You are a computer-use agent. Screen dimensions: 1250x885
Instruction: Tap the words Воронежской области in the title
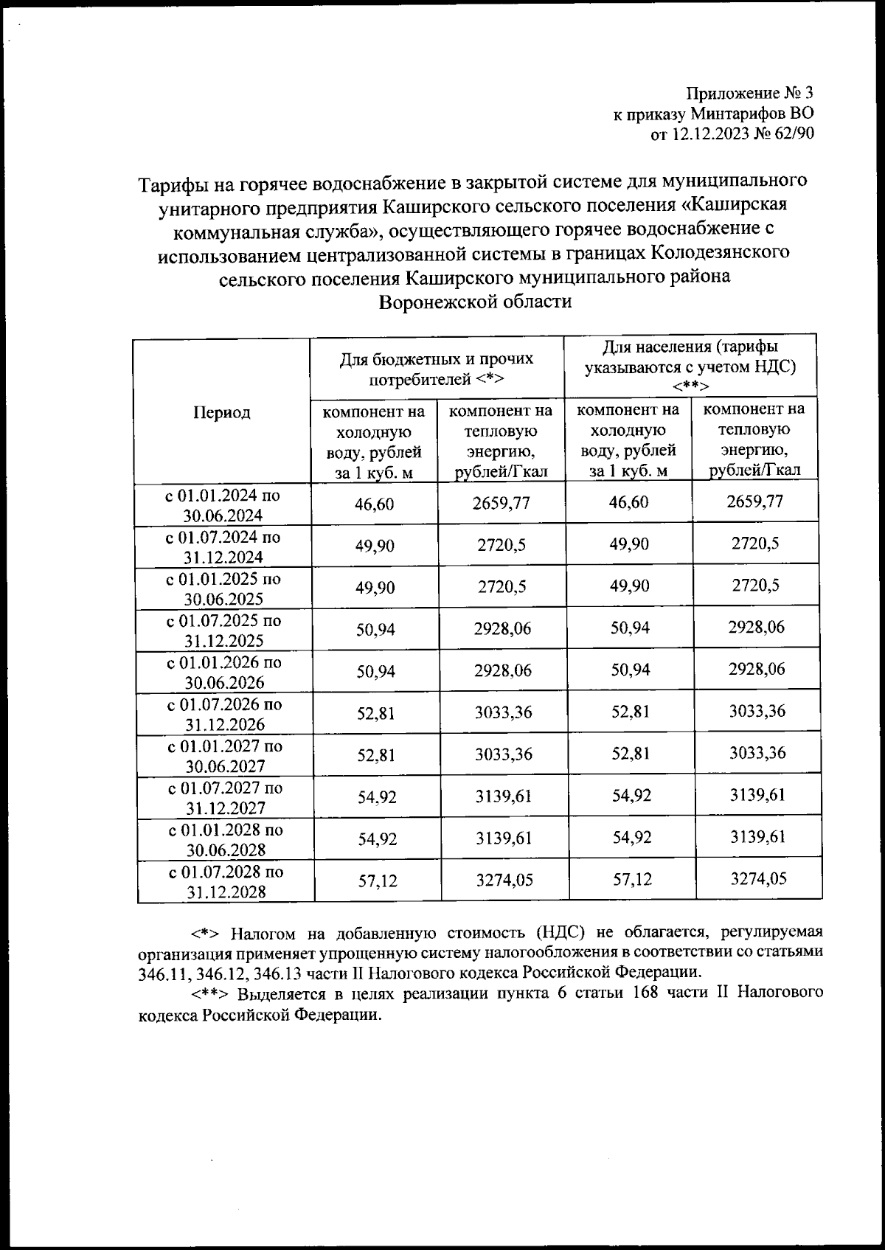475,302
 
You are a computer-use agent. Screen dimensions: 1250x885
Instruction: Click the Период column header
221,412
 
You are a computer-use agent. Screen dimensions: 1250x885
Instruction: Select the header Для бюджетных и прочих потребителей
436,369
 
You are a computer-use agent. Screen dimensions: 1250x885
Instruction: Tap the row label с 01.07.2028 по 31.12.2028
226,882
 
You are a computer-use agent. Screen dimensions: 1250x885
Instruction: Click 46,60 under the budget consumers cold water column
375,504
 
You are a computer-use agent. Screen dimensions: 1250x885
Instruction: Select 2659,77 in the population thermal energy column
754,501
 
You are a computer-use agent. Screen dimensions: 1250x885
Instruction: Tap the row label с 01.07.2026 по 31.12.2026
225,714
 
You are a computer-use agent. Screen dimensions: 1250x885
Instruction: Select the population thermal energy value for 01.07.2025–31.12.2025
756,627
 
